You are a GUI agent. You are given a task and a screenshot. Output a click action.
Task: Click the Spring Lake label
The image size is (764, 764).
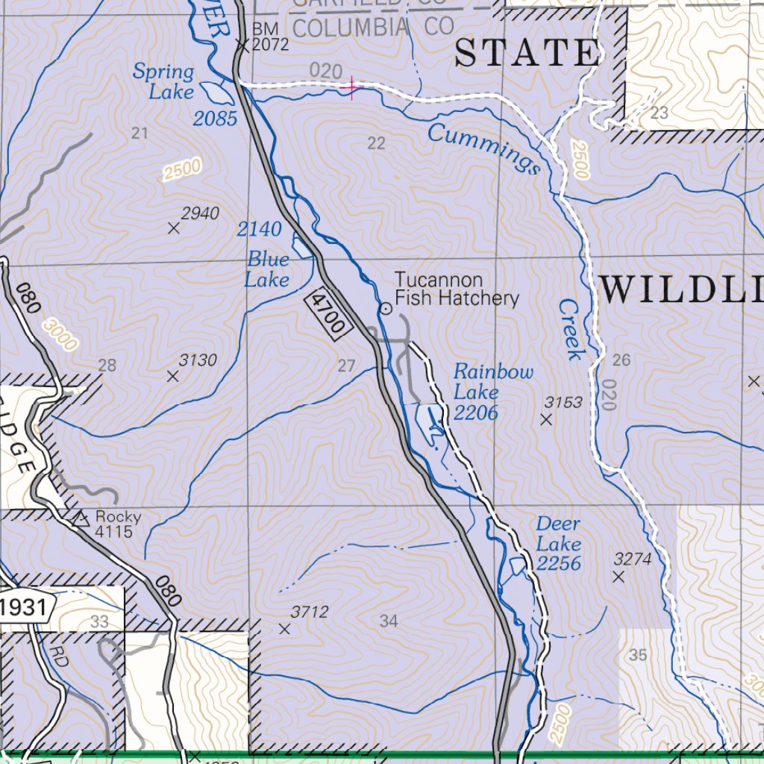(x=163, y=82)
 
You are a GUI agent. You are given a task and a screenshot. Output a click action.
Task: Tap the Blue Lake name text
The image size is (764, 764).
(x=268, y=269)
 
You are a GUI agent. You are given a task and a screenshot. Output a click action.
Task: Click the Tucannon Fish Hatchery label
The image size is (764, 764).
(x=456, y=289)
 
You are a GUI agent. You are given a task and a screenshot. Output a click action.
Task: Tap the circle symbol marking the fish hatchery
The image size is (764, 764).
(x=386, y=308)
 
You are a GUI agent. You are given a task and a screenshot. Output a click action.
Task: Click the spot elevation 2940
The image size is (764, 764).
(x=200, y=215)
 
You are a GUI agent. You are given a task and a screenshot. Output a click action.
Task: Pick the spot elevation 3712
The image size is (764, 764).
(x=309, y=613)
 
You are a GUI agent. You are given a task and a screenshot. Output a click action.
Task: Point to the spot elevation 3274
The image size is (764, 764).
(x=632, y=559)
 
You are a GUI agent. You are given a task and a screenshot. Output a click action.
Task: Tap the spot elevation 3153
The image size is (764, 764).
(x=563, y=403)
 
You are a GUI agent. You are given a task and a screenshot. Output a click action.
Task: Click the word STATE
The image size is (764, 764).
(x=527, y=54)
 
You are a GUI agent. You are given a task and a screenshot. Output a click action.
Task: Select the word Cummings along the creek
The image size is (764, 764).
(x=484, y=149)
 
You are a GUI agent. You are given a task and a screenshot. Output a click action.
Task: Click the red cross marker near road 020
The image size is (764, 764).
(x=351, y=89)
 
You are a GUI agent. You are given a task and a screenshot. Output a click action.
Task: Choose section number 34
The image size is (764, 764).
(x=388, y=621)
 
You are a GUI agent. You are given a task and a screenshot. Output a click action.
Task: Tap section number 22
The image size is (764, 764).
(x=376, y=143)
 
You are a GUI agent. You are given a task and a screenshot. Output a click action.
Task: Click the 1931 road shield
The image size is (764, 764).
(x=24, y=607)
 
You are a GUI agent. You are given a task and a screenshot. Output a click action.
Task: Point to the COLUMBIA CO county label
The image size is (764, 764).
(x=374, y=28)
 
